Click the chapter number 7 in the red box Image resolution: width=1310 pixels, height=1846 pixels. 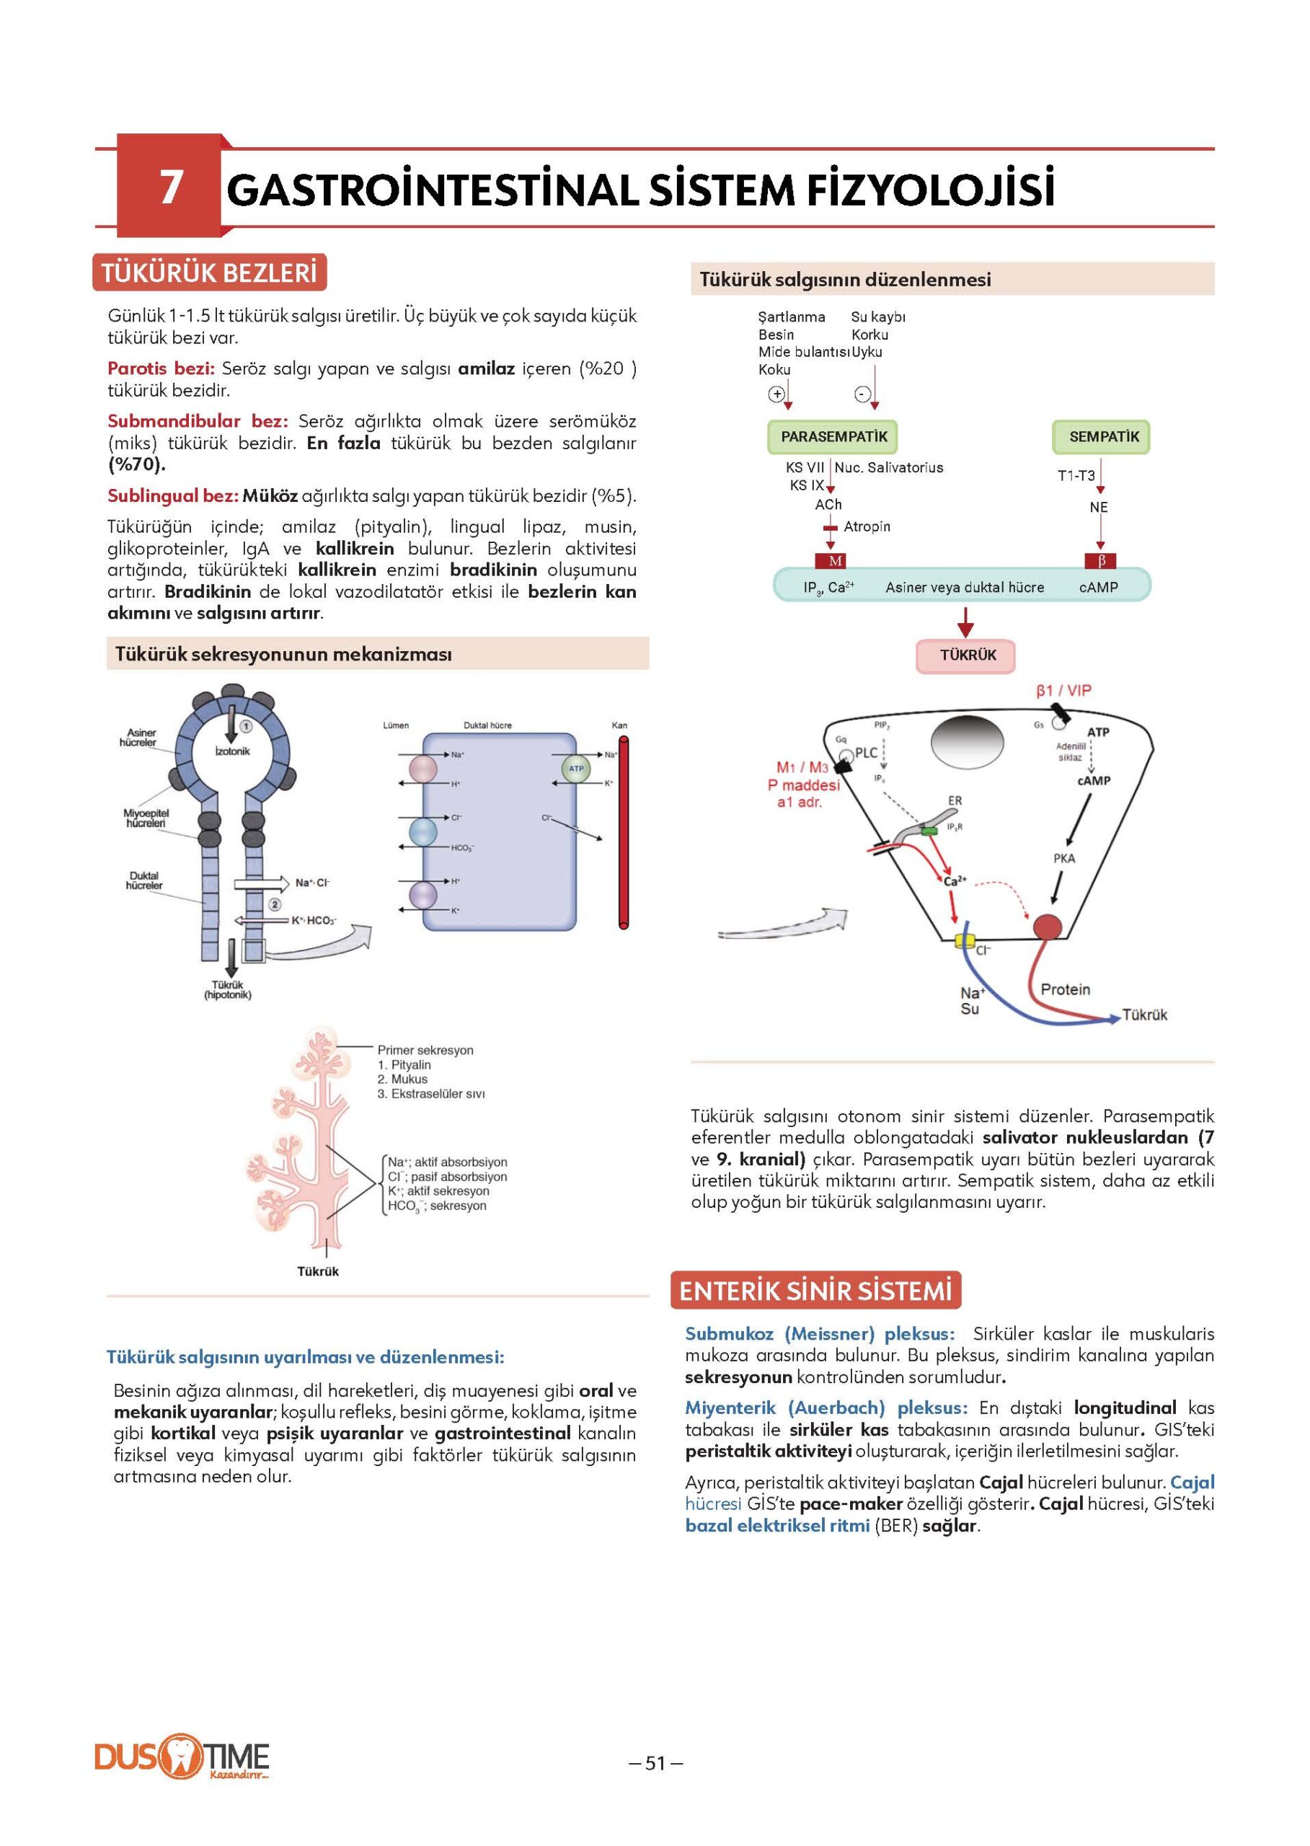click(x=169, y=187)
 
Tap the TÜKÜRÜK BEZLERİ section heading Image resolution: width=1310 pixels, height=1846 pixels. click(x=209, y=273)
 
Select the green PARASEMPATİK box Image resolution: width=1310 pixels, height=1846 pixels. click(x=833, y=436)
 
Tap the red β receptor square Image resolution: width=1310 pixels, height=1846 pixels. click(x=1101, y=561)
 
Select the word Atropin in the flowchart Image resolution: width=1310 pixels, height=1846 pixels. click(x=867, y=527)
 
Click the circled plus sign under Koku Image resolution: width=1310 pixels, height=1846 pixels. click(x=776, y=394)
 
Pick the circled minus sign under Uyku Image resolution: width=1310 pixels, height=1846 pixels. click(x=862, y=394)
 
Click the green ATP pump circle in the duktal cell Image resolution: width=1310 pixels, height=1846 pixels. click(x=576, y=768)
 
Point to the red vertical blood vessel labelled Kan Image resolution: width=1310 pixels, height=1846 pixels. click(x=623, y=831)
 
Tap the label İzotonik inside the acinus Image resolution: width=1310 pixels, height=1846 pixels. click(x=232, y=751)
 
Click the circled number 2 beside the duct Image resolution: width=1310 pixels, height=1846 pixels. click(x=274, y=904)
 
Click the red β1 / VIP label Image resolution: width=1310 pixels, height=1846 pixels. click(x=1063, y=691)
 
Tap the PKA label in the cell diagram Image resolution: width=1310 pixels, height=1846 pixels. click(x=1064, y=858)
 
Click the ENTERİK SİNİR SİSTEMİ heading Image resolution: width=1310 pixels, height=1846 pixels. click(x=815, y=1291)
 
